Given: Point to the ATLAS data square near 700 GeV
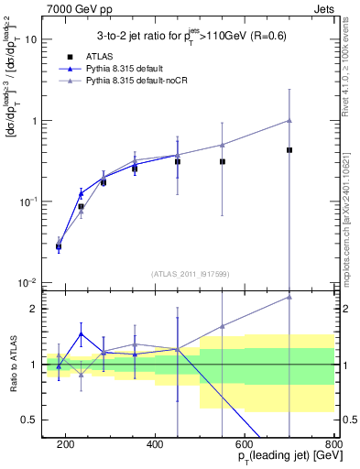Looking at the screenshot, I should pyautogui.click(x=289, y=149).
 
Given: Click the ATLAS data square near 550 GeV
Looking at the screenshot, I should pyautogui.click(x=223, y=161).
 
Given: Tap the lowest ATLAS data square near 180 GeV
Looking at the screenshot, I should pyautogui.click(x=59, y=246).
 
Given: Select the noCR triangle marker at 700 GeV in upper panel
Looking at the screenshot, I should pyautogui.click(x=289, y=120).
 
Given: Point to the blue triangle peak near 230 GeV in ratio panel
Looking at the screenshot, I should pyautogui.click(x=81, y=333).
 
